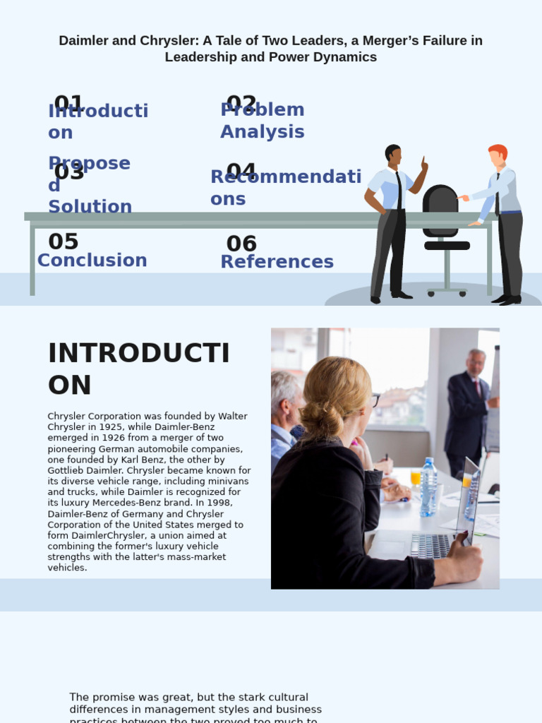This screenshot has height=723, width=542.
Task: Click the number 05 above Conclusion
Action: pyautogui.click(x=63, y=241)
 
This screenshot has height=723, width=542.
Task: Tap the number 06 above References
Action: pyautogui.click(x=241, y=244)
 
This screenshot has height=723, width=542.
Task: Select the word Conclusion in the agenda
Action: pyautogui.click(x=92, y=260)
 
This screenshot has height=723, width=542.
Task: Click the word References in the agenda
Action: pyautogui.click(x=277, y=261)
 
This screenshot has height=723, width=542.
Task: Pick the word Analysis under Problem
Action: pyautogui.click(x=262, y=131)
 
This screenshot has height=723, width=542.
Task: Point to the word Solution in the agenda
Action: pyautogui.click(x=90, y=206)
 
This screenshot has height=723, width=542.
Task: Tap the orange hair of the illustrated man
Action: pyautogui.click(x=498, y=151)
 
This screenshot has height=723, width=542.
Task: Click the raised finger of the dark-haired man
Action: pyautogui.click(x=423, y=162)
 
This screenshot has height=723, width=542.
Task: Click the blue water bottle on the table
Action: pyautogui.click(x=428, y=486)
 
